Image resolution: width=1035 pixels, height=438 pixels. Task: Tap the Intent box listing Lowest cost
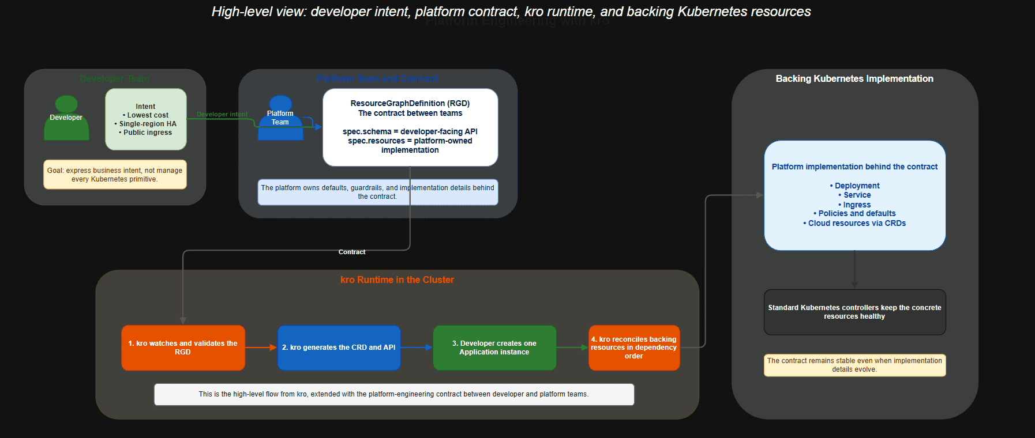click(x=146, y=119)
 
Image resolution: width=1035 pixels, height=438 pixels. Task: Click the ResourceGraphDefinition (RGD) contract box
click(x=410, y=127)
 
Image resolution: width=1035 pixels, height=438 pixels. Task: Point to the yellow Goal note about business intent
click(x=115, y=175)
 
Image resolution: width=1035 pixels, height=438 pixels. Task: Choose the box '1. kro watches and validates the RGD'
click(x=183, y=348)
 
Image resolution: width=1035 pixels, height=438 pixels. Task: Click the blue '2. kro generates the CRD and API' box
click(x=339, y=348)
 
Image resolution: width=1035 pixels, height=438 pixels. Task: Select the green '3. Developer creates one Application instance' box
click(x=494, y=348)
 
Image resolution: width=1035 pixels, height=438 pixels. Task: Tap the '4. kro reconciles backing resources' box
click(x=634, y=348)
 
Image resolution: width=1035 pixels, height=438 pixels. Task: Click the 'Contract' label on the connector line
click(x=352, y=252)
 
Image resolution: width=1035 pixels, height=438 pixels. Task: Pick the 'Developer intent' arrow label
click(x=222, y=114)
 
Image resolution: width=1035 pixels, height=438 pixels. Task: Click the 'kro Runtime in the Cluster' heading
click(x=397, y=280)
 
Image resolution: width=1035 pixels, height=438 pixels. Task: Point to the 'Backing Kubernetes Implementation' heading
click(x=854, y=78)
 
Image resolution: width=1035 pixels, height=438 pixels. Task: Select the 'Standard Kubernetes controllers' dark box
click(x=854, y=312)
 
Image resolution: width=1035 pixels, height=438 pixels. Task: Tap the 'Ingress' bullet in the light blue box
click(x=857, y=205)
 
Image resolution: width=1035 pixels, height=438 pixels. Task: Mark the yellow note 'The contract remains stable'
click(x=854, y=365)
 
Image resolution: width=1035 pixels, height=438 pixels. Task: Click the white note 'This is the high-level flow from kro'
click(x=394, y=394)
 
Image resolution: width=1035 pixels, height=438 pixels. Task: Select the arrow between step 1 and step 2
click(x=261, y=348)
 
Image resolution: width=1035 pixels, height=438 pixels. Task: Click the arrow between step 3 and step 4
click(x=572, y=348)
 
